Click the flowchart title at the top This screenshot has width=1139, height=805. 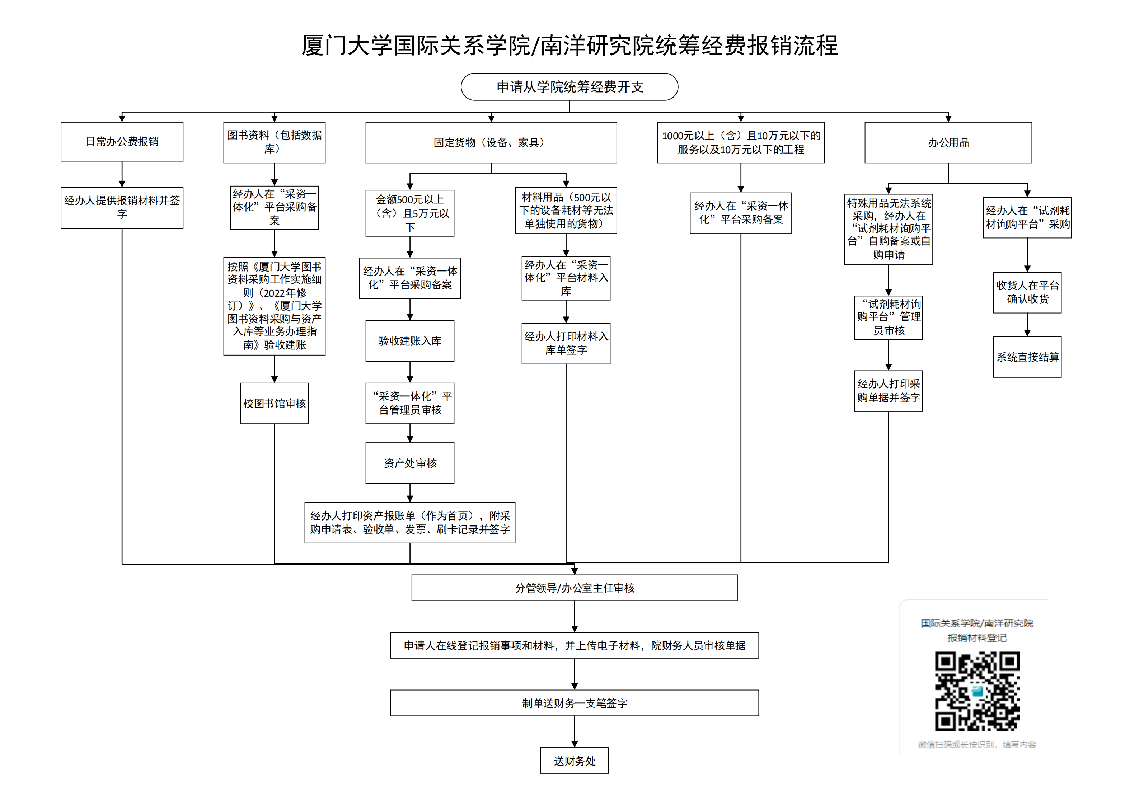click(569, 45)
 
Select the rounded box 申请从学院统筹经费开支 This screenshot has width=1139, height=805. click(569, 87)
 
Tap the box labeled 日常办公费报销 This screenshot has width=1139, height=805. click(122, 142)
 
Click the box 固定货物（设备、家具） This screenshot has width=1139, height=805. click(491, 143)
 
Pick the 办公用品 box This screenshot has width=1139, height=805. click(948, 143)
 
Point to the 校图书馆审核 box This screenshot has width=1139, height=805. click(274, 403)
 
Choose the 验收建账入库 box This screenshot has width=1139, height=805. click(410, 341)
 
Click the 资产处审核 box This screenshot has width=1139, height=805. click(410, 463)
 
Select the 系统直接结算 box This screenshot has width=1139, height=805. click(1027, 357)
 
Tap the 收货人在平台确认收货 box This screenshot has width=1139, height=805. click(1027, 292)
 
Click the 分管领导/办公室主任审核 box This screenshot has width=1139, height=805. click(575, 588)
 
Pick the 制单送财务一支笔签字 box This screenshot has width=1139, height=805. click(575, 703)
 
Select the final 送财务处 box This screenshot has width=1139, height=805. click(575, 761)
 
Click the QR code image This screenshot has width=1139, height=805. click(977, 691)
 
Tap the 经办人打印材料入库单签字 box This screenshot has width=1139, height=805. click(566, 343)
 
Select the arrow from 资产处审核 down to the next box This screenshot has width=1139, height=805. click(410, 493)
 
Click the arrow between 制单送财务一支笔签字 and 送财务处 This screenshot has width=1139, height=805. click(575, 731)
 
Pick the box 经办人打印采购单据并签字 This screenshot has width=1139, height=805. click(889, 391)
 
